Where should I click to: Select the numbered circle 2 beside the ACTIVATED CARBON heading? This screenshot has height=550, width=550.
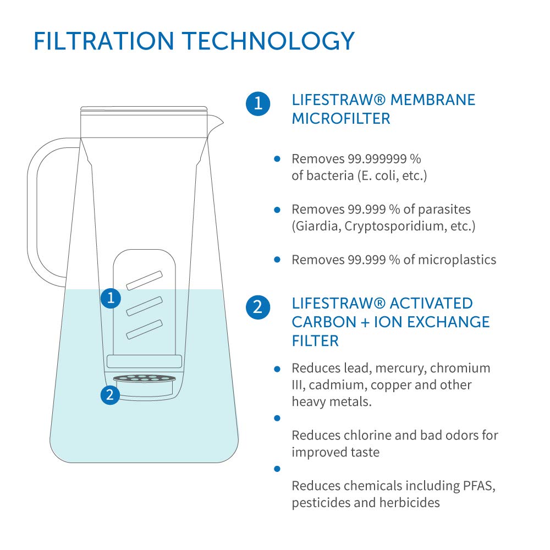click(x=257, y=307)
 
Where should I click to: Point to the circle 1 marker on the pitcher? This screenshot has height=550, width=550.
click(x=111, y=298)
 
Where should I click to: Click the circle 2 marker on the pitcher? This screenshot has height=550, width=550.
click(x=111, y=394)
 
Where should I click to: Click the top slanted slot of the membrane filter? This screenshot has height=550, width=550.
click(x=144, y=280)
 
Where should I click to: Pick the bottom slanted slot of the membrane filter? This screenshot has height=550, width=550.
click(x=144, y=329)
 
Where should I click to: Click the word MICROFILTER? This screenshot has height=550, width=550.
click(x=340, y=118)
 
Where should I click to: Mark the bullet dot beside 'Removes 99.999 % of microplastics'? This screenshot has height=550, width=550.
click(x=277, y=259)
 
